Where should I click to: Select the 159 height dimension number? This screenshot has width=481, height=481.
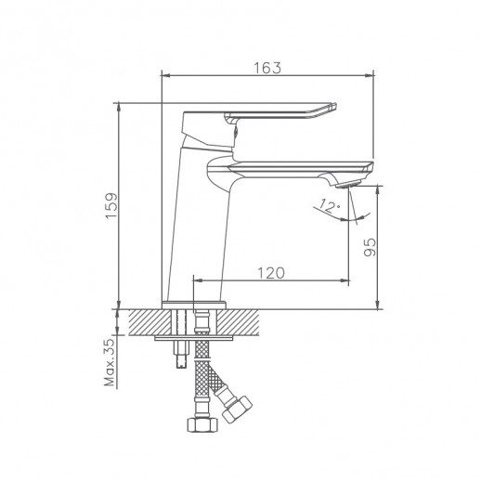pyautogui.click(x=110, y=205)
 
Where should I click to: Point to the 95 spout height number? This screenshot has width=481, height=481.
pyautogui.click(x=369, y=247)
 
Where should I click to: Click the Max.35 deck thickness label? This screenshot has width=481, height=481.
pyautogui.click(x=109, y=362)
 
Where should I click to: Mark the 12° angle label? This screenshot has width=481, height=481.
pyautogui.click(x=327, y=204)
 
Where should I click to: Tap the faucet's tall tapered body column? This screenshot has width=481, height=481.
pyautogui.click(x=200, y=223)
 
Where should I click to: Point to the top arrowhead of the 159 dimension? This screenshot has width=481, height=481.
pyautogui.click(x=120, y=106)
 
